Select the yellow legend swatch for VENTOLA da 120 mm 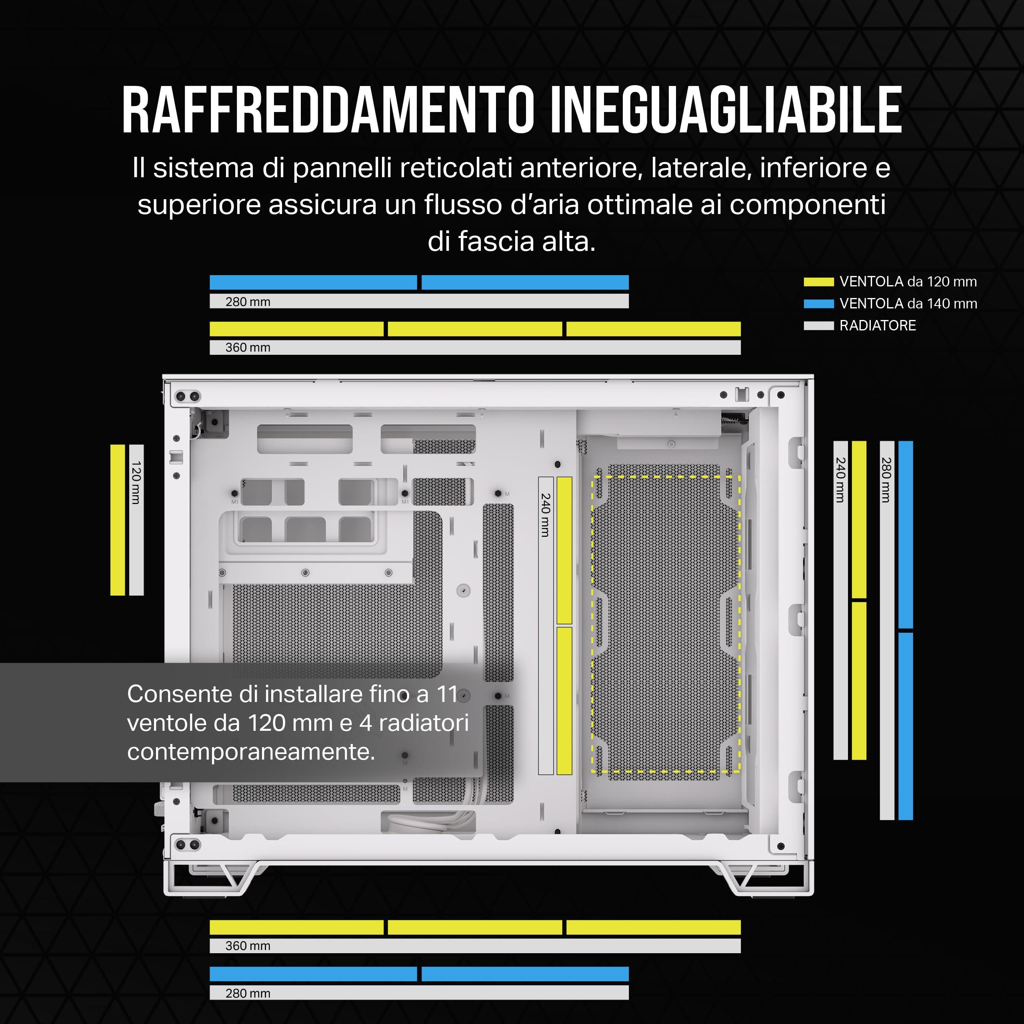click(818, 282)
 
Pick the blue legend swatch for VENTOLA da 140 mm click(818, 304)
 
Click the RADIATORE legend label click(878, 326)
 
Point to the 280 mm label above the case click(248, 302)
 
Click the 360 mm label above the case click(248, 347)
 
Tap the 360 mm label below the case click(248, 946)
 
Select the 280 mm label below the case click(248, 993)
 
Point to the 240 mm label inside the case click(545, 515)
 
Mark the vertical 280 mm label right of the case click(886, 480)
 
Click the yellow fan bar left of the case click(118, 520)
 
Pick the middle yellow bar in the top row click(475, 329)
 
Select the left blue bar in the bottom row click(313, 974)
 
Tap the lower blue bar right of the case click(905, 726)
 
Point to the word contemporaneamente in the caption click(251, 752)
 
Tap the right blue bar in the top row click(525, 282)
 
